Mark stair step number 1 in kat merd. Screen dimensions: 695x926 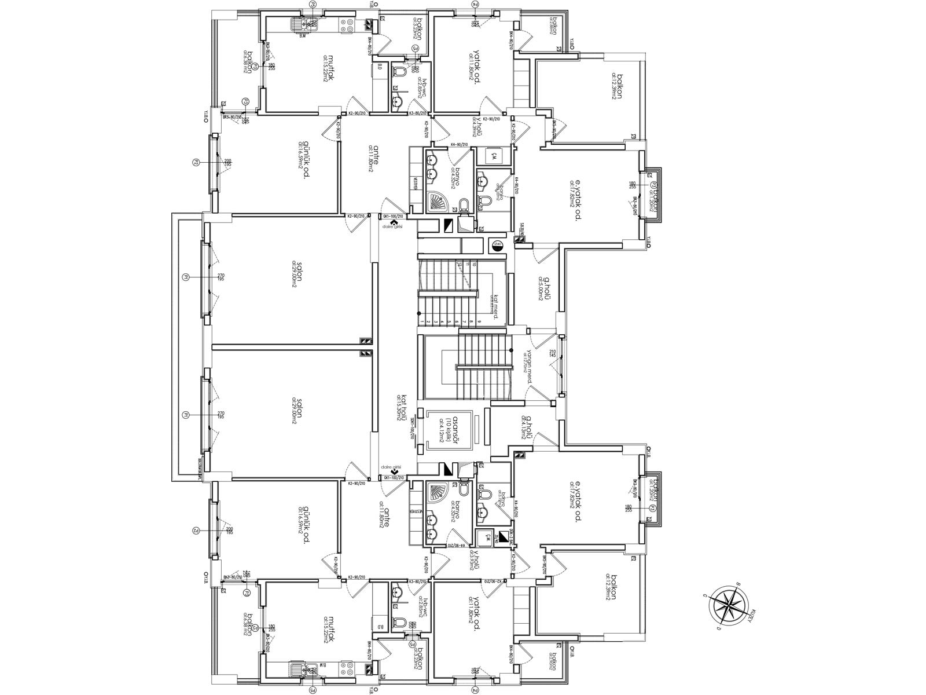(x=421, y=321)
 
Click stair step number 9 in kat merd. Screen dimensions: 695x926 (x=479, y=321)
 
